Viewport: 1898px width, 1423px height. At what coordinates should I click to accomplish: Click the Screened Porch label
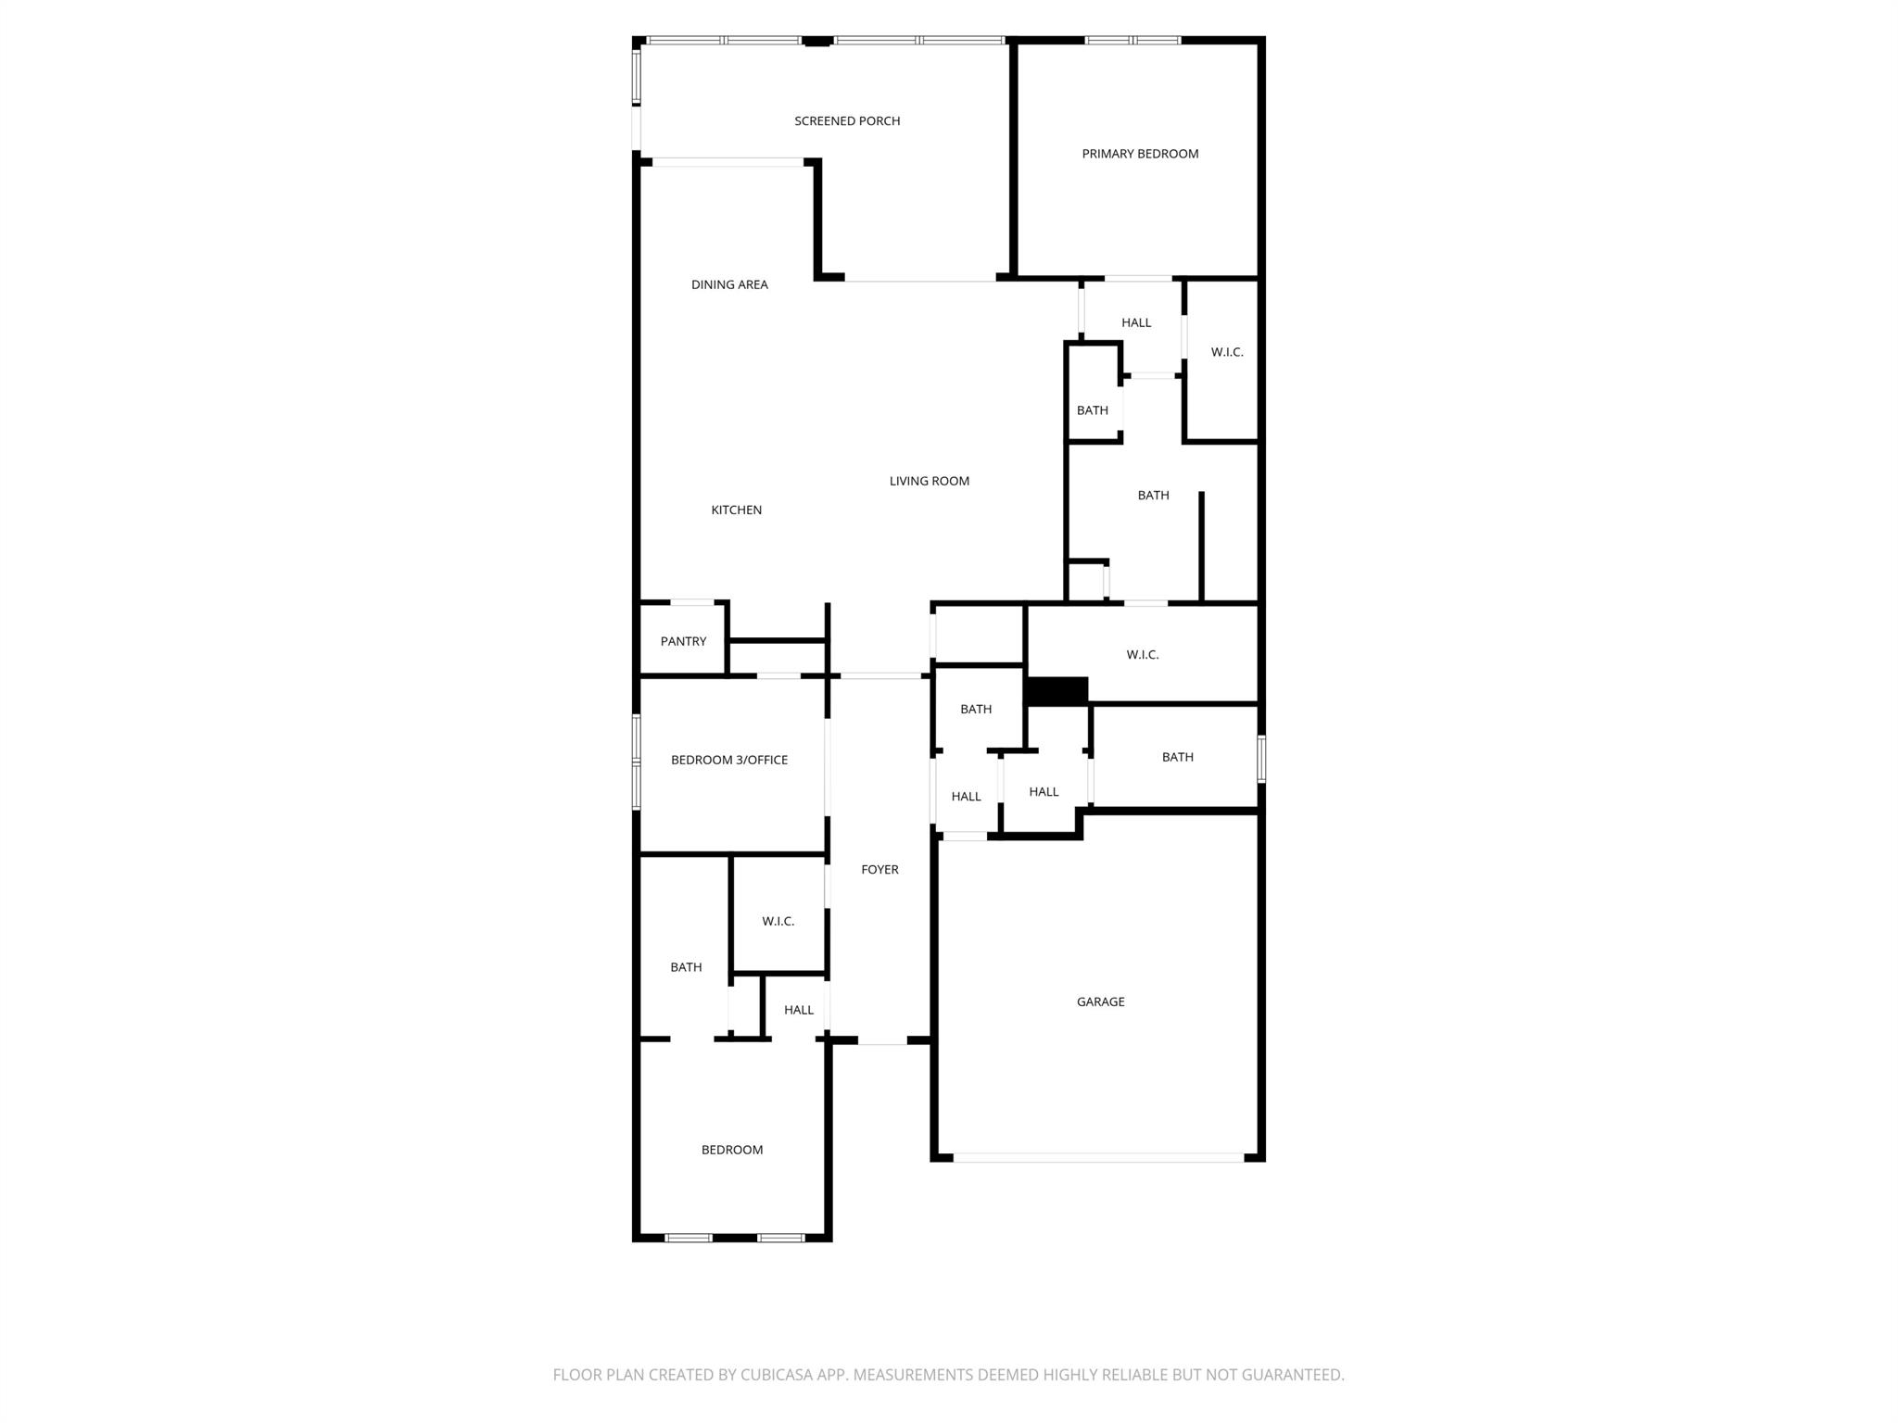point(847,121)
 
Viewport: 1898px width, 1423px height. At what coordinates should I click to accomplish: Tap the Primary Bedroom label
point(1140,154)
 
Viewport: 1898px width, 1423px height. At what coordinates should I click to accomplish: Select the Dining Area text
point(729,284)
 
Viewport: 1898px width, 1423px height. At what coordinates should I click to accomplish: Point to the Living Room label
point(929,481)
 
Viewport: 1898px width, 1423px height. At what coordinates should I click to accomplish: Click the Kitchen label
point(736,510)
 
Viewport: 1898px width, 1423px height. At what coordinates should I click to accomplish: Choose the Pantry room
point(683,641)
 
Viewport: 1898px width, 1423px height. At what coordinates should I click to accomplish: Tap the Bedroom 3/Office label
point(729,760)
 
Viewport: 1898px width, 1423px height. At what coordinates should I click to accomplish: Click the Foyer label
point(879,869)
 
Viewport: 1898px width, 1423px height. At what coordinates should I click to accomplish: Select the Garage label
point(1100,1001)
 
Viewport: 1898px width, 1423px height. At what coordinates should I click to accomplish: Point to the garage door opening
point(1098,1157)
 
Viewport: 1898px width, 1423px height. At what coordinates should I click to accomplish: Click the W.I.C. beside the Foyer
point(778,921)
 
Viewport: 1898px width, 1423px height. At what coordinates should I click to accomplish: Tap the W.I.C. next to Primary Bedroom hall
point(1226,352)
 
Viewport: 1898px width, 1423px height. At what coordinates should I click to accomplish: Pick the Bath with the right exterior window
point(1177,757)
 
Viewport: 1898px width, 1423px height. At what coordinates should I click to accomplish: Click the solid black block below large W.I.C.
point(1057,690)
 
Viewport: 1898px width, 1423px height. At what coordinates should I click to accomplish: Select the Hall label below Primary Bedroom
point(1135,322)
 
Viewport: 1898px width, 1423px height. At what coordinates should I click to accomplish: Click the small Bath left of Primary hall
point(1092,410)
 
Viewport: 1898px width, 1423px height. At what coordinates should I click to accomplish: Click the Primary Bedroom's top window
point(1132,41)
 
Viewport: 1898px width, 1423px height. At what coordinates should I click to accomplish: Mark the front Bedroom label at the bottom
point(731,1150)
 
